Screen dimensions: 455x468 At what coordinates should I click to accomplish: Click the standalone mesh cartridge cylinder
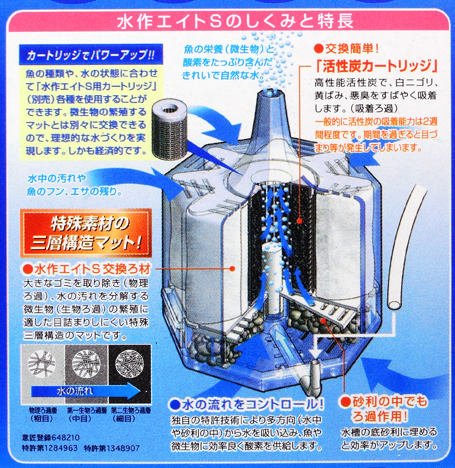[x=168, y=131]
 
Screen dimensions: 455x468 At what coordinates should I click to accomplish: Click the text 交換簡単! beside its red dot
[x=352, y=48]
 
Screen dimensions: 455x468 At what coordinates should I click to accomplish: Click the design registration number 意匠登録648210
[x=51, y=438]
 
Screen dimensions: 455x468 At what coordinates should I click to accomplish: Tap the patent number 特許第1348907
[x=111, y=448]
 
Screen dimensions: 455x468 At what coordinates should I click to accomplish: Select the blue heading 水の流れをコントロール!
[x=246, y=405]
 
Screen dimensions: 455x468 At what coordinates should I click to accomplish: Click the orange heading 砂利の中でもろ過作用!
[x=385, y=408]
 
